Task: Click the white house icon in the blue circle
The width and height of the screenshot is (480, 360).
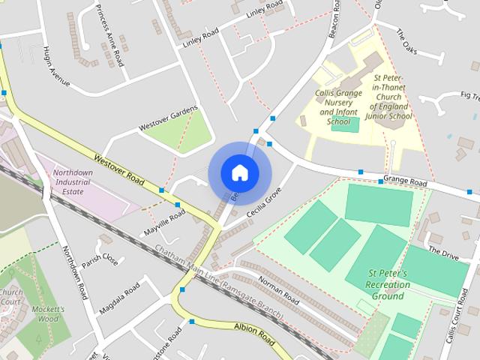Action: tap(239, 172)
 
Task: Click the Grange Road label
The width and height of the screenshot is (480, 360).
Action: tap(404, 181)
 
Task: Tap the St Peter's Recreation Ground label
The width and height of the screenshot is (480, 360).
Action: tap(387, 285)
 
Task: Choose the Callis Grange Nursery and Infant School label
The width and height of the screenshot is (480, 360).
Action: tap(339, 107)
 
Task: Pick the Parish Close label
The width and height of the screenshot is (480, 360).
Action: tap(100, 259)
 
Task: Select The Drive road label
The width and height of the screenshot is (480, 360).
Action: tap(442, 252)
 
